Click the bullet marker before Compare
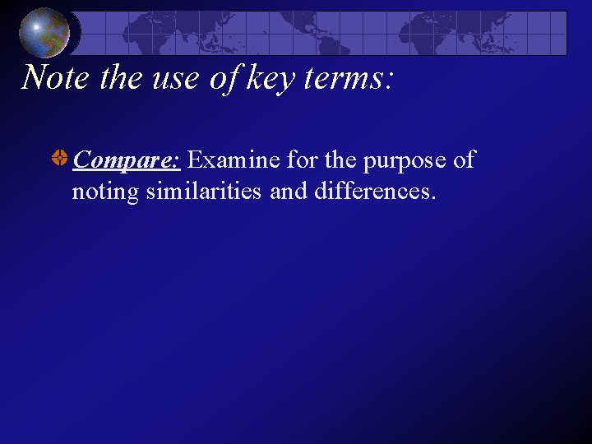[x=60, y=159]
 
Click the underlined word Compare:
[x=127, y=160]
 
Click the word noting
[x=104, y=192]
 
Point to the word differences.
[x=374, y=191]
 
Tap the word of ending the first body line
[x=464, y=160]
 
